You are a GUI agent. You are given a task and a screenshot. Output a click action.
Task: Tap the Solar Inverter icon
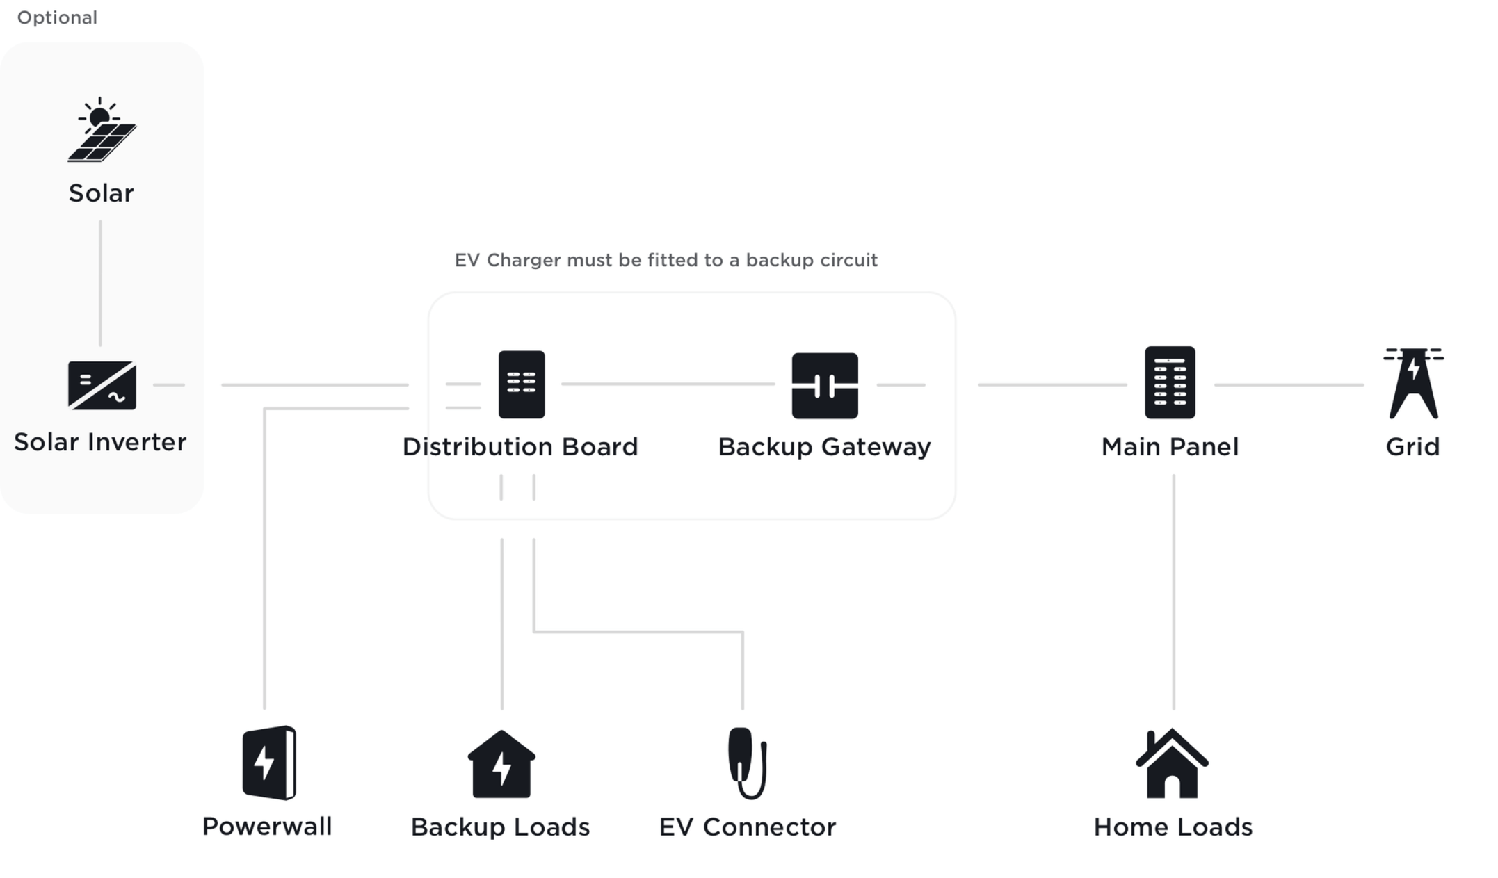point(102,385)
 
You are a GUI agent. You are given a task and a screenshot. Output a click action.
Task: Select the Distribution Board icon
point(522,384)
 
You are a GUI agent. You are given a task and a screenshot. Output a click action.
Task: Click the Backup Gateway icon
point(825,386)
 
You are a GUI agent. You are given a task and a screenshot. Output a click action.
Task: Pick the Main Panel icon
point(1170,383)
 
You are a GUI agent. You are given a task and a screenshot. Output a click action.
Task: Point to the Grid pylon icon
point(1413,384)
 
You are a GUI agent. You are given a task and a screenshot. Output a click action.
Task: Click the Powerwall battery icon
point(268,763)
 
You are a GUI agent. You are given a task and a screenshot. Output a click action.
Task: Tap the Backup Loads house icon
point(501,765)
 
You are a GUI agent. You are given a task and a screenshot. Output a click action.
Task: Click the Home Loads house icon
point(1172,764)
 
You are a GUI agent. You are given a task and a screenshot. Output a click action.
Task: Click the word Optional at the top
point(57,17)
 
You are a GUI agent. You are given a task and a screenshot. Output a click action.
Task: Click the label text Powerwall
point(267,827)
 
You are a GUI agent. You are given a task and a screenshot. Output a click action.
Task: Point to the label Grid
point(1412,447)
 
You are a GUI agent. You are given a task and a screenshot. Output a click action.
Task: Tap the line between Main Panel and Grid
point(1288,384)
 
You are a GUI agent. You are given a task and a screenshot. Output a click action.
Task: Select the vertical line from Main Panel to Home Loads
point(1173,591)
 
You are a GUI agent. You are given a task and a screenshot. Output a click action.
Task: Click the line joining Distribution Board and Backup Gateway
point(668,384)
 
